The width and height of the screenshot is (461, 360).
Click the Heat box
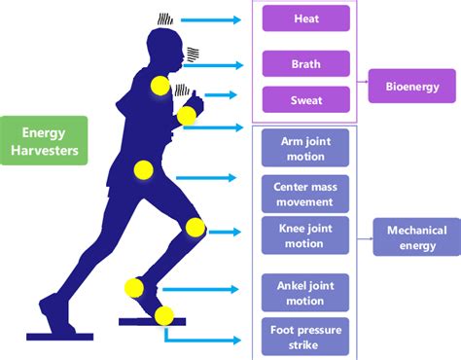coord(305,18)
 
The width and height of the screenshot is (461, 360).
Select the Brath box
coord(305,64)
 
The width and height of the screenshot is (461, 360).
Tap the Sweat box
coord(305,99)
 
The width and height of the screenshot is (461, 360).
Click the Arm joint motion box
coord(305,149)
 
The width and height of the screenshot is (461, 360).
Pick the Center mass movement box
coord(305,193)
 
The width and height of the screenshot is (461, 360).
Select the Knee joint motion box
coord(305,234)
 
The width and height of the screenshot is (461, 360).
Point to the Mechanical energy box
coord(416,236)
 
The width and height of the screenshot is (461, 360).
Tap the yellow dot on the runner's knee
coord(195,229)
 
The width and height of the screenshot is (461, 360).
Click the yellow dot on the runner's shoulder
coord(158,86)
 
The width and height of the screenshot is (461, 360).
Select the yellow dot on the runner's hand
coord(187,117)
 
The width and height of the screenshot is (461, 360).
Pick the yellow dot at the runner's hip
coord(144,170)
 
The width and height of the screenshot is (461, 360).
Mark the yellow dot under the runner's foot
coord(164,315)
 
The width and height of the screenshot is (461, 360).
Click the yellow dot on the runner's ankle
coord(135,287)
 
